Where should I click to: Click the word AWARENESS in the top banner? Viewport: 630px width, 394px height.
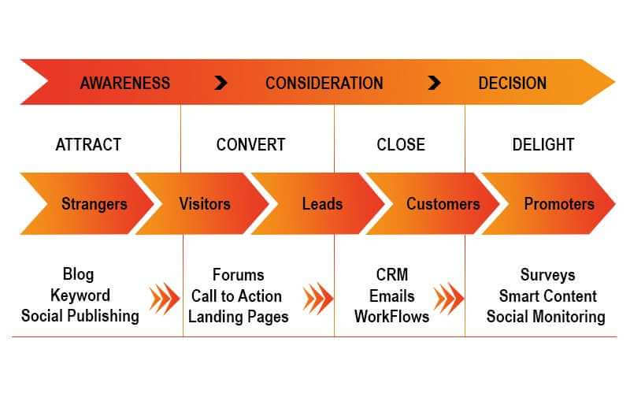(125, 84)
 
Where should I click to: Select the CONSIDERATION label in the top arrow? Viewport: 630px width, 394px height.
(324, 84)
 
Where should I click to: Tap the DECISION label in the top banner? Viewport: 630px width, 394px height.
(513, 84)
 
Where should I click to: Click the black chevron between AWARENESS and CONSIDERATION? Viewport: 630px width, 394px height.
(220, 83)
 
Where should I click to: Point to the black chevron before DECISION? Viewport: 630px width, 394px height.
(435, 83)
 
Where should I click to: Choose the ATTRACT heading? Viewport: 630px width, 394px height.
(88, 145)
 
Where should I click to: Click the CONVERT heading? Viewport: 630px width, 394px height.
(250, 145)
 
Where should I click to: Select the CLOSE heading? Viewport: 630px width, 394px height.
(401, 145)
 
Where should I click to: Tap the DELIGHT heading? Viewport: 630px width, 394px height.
(543, 145)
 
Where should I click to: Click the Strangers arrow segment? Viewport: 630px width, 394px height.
(87, 203)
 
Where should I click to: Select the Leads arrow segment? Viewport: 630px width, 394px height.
(317, 203)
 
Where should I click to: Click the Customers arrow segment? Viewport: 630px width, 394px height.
(432, 203)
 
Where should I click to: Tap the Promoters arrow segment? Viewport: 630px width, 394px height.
(548, 203)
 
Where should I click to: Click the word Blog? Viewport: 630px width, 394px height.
(78, 274)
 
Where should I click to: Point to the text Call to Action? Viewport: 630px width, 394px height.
(237, 296)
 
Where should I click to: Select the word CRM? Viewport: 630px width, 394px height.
(392, 275)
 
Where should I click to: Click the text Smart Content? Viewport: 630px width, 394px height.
(547, 296)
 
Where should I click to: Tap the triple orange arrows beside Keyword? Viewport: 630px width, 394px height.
(165, 299)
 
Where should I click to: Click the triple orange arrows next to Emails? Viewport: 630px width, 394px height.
(449, 299)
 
